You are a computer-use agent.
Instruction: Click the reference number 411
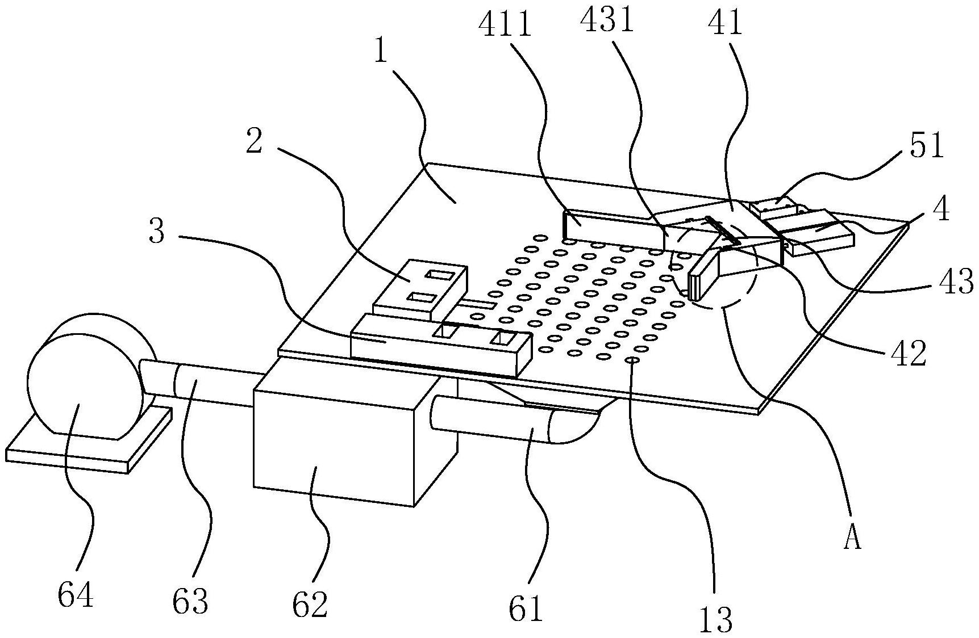pyautogui.click(x=505, y=26)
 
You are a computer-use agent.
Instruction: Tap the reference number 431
pyautogui.click(x=606, y=22)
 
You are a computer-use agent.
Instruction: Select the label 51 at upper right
pyautogui.click(x=927, y=146)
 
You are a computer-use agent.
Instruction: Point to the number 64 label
pyautogui.click(x=76, y=595)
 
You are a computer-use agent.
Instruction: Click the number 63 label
pyautogui.click(x=190, y=601)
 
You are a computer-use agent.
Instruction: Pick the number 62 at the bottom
pyautogui.click(x=310, y=605)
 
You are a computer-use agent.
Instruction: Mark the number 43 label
pyautogui.click(x=956, y=282)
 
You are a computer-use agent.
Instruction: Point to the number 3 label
pyautogui.click(x=157, y=232)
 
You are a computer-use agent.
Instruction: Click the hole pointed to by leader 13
pyautogui.click(x=631, y=360)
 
